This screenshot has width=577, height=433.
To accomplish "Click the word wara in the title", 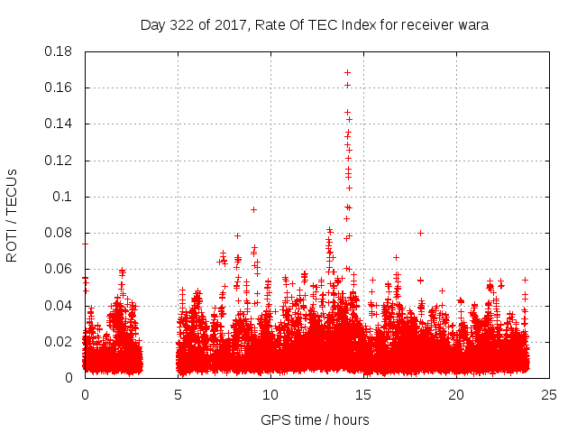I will [x=472, y=25].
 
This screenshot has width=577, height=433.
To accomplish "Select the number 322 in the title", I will [x=188, y=25].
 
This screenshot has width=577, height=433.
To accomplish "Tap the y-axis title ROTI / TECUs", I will [x=12, y=215].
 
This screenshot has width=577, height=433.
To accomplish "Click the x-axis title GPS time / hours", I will [x=315, y=419].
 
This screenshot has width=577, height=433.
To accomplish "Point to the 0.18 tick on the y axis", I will [x=60, y=51].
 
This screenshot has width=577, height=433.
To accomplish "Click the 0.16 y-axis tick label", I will [x=60, y=88].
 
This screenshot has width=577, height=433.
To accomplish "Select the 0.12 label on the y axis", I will [x=60, y=161].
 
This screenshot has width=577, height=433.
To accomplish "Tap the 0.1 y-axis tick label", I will [x=64, y=197].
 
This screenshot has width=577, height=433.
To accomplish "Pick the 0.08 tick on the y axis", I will [x=60, y=233].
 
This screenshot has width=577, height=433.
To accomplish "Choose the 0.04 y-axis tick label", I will [x=60, y=305].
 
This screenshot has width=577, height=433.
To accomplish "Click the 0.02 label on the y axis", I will [x=60, y=342].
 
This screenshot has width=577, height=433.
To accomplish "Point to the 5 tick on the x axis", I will [x=178, y=394].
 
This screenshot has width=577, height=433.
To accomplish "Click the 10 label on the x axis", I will [x=270, y=394].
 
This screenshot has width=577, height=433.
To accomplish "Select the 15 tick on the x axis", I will [x=363, y=394].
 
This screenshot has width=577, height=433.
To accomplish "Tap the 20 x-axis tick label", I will [x=456, y=394].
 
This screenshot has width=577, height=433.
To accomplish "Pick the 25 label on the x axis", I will [x=549, y=394].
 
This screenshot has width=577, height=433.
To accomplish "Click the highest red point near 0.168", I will [x=347, y=72].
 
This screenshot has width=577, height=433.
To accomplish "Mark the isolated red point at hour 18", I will [x=420, y=232].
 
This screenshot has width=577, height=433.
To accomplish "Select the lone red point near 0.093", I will [x=253, y=209].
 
